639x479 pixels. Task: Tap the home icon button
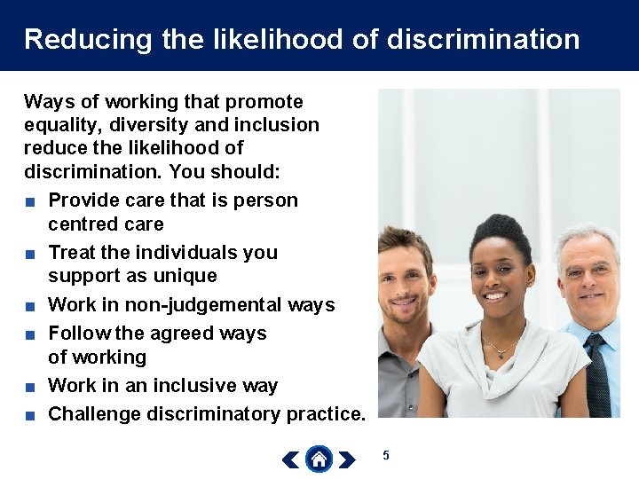319,459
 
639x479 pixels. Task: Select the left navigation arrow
289,459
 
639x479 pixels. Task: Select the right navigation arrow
347,459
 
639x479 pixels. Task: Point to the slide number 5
386,455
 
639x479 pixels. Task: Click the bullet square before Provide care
30,201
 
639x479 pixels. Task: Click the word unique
183,276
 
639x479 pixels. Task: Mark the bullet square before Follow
30,334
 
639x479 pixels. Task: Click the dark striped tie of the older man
596,372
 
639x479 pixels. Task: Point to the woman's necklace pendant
503,354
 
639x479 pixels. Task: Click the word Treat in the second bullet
72,253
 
